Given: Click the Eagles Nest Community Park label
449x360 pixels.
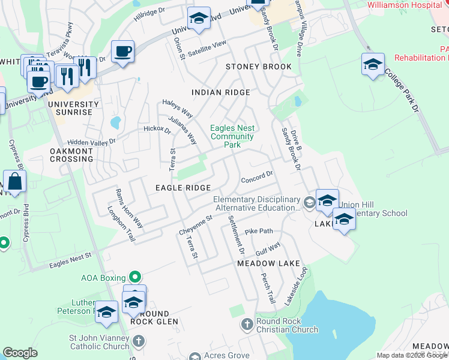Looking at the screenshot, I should [x=232, y=136].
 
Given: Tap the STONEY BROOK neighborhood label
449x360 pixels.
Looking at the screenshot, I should [x=258, y=67].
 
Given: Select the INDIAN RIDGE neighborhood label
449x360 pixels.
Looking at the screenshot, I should [x=220, y=92].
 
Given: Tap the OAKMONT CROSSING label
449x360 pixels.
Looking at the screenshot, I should [x=71, y=155].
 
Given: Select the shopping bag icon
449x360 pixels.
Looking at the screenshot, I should [x=14, y=181].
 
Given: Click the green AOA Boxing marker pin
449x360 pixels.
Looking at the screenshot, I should [x=136, y=277].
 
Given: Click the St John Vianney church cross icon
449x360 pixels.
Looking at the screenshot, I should [x=139, y=342].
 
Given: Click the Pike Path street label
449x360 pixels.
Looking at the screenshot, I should [x=259, y=231].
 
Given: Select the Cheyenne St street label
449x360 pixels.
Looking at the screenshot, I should [x=196, y=226].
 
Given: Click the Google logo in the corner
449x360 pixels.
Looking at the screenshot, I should [x=20, y=353].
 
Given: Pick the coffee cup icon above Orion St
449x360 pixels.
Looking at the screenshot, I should [x=122, y=51].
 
